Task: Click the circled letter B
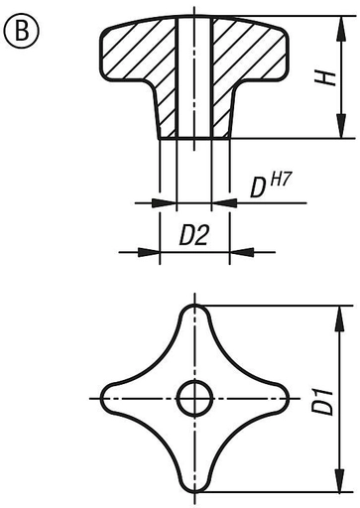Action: click(22, 31)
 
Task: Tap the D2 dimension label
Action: click(194, 235)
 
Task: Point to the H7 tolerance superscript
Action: click(282, 181)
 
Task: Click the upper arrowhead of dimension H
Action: click(341, 29)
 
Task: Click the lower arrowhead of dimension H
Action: click(341, 125)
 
